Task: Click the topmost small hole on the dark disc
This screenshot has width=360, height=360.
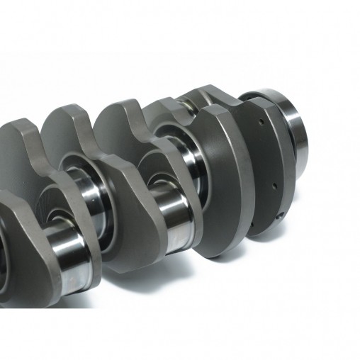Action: (261, 122)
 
